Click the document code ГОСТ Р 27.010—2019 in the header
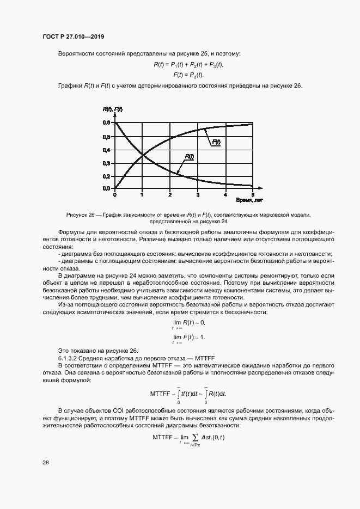point(73,36)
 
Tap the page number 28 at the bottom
point(45,462)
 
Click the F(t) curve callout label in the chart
point(216,142)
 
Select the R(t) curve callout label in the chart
point(189,156)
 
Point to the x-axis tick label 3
point(198,194)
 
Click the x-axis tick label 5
point(253,194)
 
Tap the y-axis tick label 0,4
point(106,150)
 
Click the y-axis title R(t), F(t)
point(113,109)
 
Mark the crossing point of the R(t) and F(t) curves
point(143,156)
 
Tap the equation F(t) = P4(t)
point(188,75)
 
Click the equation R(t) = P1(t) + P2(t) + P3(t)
point(188,65)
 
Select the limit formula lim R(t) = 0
point(188,323)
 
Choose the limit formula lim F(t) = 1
point(188,338)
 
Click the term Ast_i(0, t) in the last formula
point(212,437)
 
